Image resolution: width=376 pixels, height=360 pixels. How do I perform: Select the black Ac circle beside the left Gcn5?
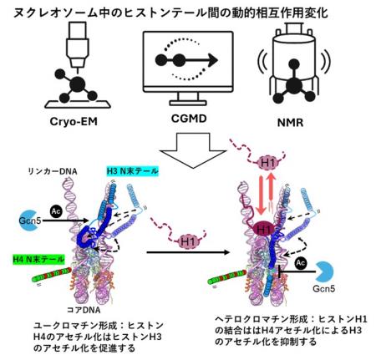[55, 213]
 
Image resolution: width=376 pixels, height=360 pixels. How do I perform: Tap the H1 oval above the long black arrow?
[186, 239]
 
